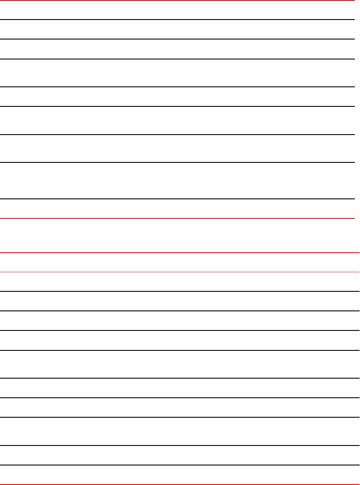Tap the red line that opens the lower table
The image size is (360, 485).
(x=180, y=252)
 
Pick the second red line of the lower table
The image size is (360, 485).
(x=180, y=272)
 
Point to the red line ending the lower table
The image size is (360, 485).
(x=180, y=484)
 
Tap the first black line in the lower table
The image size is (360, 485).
(x=180, y=291)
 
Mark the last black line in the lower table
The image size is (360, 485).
(x=180, y=465)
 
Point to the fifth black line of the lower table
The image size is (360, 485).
(x=180, y=378)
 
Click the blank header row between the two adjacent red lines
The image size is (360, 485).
(x=180, y=262)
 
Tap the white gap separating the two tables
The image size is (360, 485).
(x=180, y=235)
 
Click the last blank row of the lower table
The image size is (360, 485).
(x=180, y=475)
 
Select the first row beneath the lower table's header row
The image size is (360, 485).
(x=180, y=281)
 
